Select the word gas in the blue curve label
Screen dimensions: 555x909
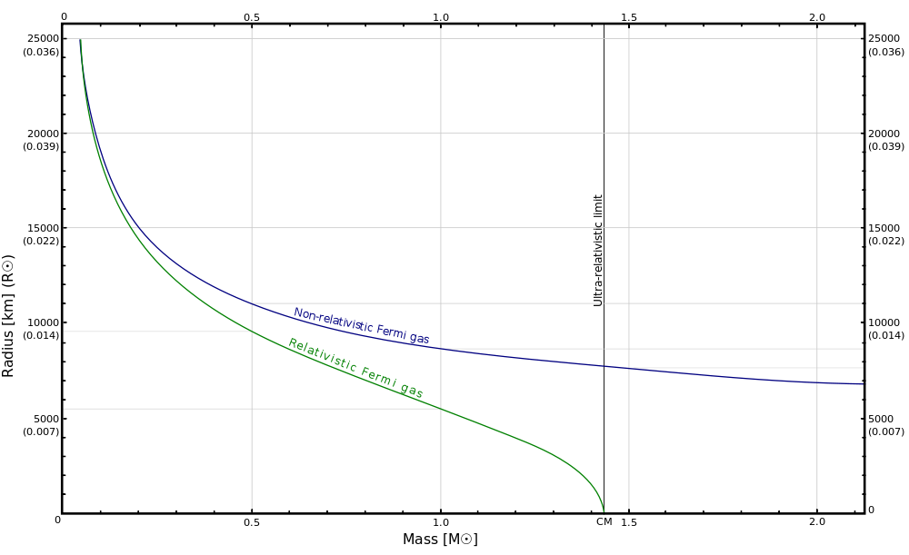420,339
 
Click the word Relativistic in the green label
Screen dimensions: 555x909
322,356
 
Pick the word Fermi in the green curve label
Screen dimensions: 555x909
379,378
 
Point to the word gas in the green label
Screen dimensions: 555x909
412,391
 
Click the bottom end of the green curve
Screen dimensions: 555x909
604,511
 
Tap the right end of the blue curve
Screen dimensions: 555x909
861,383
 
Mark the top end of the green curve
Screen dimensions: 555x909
81,40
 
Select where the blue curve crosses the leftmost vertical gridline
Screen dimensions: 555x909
252,303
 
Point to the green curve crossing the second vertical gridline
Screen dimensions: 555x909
441,409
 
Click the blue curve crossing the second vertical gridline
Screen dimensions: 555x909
441,349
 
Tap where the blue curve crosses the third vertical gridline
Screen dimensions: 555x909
629,368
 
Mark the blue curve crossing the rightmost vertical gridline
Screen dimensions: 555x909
817,382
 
